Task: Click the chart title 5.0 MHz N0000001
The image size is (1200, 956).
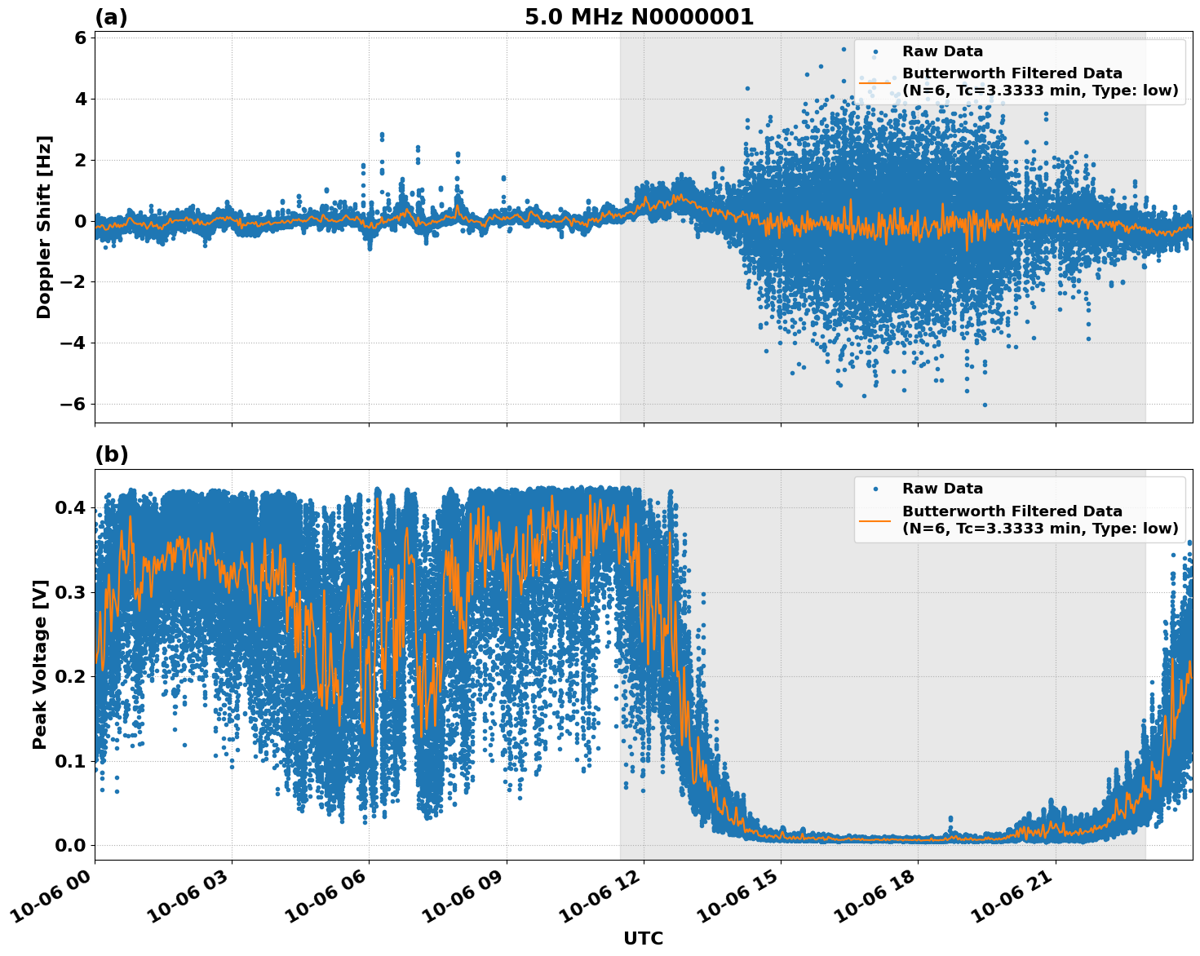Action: coord(639,17)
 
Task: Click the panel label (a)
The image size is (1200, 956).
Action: coord(111,17)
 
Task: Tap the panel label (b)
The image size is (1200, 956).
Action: coord(111,454)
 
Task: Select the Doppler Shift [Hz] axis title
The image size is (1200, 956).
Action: coord(44,227)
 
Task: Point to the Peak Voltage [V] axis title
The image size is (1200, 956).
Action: coord(40,664)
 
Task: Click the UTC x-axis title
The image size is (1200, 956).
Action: coord(643,938)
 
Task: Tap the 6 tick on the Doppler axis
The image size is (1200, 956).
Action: coord(80,38)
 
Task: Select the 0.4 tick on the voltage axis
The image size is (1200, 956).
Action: coord(70,507)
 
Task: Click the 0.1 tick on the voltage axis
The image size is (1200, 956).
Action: coord(70,761)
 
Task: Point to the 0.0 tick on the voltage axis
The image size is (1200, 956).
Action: coord(70,845)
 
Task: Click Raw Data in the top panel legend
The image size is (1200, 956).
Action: coord(942,51)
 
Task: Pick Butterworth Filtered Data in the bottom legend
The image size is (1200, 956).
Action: coord(1012,511)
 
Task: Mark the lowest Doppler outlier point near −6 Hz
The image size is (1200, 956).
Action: coord(985,405)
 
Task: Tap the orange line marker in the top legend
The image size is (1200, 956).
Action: coord(875,82)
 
